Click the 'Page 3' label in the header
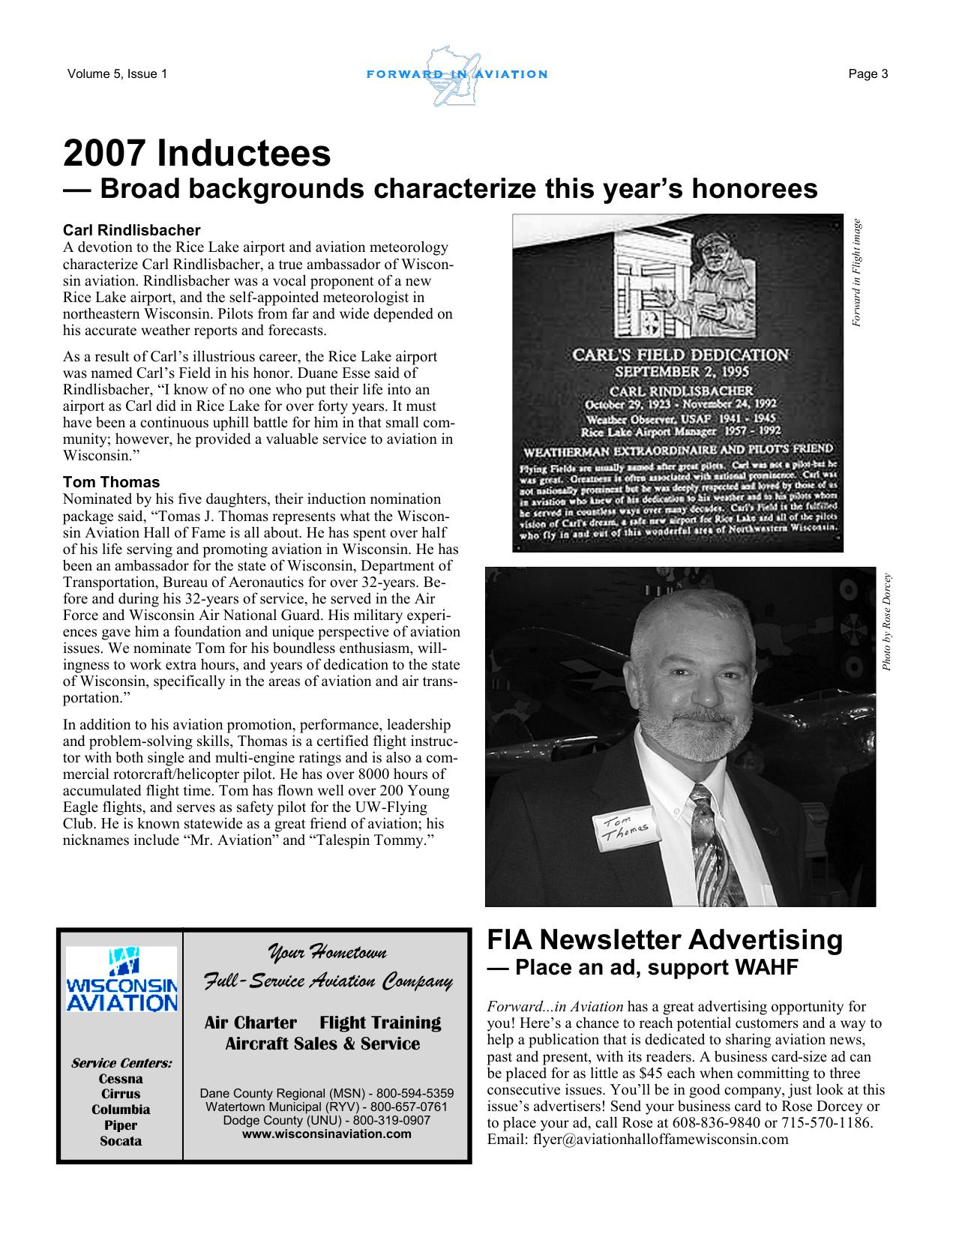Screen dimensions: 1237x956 868,73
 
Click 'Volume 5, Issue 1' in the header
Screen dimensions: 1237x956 117,73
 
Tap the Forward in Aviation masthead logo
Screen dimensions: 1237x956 457,75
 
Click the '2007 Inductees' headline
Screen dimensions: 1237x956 196,154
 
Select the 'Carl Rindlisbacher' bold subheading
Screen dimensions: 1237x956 132,229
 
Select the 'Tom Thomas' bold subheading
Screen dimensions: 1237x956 111,482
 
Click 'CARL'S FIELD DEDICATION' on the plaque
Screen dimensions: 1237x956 680,354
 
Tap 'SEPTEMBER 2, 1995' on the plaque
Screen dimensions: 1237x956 681,372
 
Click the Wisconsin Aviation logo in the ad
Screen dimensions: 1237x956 121,980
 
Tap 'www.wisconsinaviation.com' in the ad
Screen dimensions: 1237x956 326,1134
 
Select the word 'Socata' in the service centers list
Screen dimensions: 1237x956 121,1141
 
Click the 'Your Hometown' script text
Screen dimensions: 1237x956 327,953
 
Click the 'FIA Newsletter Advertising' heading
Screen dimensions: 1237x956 664,939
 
